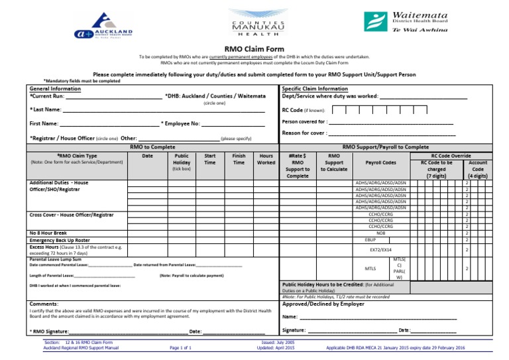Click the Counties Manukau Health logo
(x=254, y=26)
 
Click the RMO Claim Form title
(x=254, y=49)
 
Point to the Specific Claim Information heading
(x=315, y=89)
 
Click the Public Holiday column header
(x=181, y=162)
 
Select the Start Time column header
(x=210, y=159)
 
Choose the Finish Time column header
(x=239, y=159)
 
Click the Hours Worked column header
(x=266, y=159)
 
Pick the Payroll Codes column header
(x=380, y=162)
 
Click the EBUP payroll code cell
(x=370, y=240)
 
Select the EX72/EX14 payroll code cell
(x=380, y=250)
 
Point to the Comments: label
(x=44, y=304)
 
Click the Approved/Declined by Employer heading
(x=323, y=304)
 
